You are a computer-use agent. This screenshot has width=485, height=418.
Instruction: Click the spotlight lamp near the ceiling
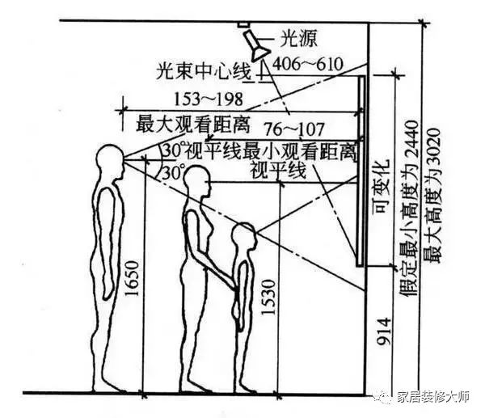(255, 45)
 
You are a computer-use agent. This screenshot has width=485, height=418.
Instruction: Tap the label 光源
(299, 39)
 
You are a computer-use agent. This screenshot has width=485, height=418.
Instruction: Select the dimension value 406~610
(308, 65)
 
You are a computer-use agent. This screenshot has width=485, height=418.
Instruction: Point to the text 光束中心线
(203, 72)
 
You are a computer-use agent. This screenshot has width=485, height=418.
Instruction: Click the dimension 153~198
(209, 99)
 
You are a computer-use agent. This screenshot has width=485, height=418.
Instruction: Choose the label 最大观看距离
(192, 125)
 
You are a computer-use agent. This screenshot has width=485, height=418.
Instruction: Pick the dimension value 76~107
(294, 129)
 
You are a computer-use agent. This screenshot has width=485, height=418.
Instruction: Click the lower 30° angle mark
(172, 172)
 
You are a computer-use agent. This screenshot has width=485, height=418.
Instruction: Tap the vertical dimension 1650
(131, 278)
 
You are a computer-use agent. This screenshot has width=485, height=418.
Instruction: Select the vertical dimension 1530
(268, 297)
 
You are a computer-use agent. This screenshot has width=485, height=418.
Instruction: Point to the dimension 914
(383, 331)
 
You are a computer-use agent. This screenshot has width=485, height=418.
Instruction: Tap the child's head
(244, 236)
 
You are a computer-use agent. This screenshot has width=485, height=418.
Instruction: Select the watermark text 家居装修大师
(433, 397)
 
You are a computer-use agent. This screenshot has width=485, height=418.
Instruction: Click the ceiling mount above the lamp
(243, 24)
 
